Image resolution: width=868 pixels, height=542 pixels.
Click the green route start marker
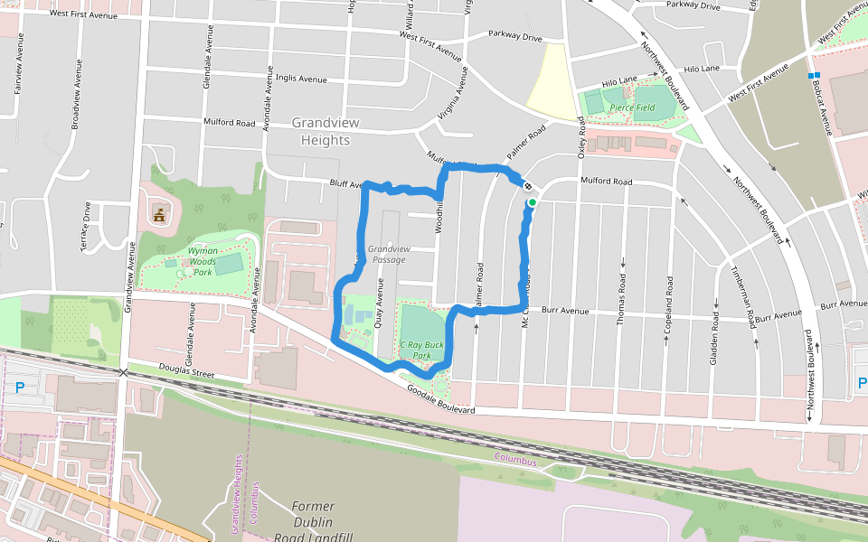(x=533, y=202)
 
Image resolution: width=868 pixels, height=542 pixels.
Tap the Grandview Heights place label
(x=321, y=131)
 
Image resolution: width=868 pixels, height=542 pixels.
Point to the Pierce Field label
(x=632, y=107)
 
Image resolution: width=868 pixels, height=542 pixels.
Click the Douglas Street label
(x=189, y=369)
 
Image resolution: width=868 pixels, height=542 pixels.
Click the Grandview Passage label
(x=389, y=254)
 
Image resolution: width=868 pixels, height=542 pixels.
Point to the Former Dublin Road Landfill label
(x=313, y=522)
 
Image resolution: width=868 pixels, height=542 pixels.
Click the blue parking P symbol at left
(x=20, y=388)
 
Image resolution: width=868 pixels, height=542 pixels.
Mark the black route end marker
(x=527, y=186)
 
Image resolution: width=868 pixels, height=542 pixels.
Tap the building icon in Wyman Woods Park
(x=159, y=215)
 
